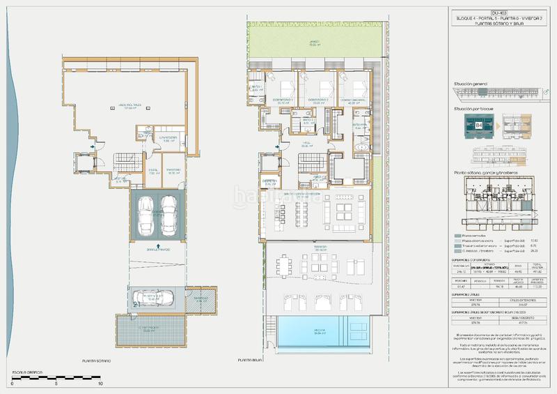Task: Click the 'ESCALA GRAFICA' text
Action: click(x=26, y=373)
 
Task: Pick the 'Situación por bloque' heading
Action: click(x=473, y=109)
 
